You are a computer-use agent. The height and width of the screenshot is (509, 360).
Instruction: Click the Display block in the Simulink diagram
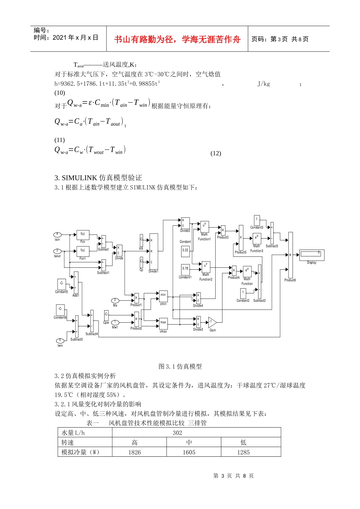pyautogui.click(x=311, y=255)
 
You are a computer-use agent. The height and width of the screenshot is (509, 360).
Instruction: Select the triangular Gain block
pyautogui.click(x=212, y=323)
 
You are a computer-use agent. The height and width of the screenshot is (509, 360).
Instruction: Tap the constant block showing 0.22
pyautogui.click(x=185, y=250)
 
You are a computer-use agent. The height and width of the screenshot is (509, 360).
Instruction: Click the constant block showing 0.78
pyautogui.click(x=185, y=269)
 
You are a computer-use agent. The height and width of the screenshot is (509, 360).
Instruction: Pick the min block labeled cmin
pyautogui.click(x=163, y=296)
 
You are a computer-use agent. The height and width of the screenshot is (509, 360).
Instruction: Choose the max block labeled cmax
pyautogui.click(x=163, y=323)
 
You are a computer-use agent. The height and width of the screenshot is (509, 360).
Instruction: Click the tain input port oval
pyautogui.click(x=57, y=234)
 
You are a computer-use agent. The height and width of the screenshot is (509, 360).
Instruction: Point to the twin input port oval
pyautogui.click(x=60, y=340)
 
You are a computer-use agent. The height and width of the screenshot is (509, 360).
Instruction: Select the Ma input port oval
pyautogui.click(x=115, y=300)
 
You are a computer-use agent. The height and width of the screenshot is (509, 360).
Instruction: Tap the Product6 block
pyautogui.click(x=290, y=255)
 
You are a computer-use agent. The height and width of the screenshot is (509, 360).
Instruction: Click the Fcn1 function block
pyautogui.click(x=83, y=251)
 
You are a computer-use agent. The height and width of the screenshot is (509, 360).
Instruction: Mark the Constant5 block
pyautogui.click(x=61, y=284)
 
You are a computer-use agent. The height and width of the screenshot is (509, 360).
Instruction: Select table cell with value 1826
pyautogui.click(x=135, y=452)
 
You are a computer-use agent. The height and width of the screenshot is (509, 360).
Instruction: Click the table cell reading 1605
pyautogui.click(x=189, y=452)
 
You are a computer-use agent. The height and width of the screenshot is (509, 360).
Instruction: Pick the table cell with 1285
pyautogui.click(x=243, y=452)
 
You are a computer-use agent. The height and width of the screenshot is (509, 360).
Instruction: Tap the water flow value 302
pyautogui.click(x=177, y=433)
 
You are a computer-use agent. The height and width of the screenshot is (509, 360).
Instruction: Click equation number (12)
pyautogui.click(x=216, y=153)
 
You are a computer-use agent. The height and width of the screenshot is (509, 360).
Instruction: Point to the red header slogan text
pyautogui.click(x=177, y=39)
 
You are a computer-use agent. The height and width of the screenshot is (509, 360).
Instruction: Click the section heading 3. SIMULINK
pyautogui.click(x=98, y=178)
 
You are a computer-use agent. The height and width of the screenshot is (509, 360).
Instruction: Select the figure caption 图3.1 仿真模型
pyautogui.click(x=180, y=366)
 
